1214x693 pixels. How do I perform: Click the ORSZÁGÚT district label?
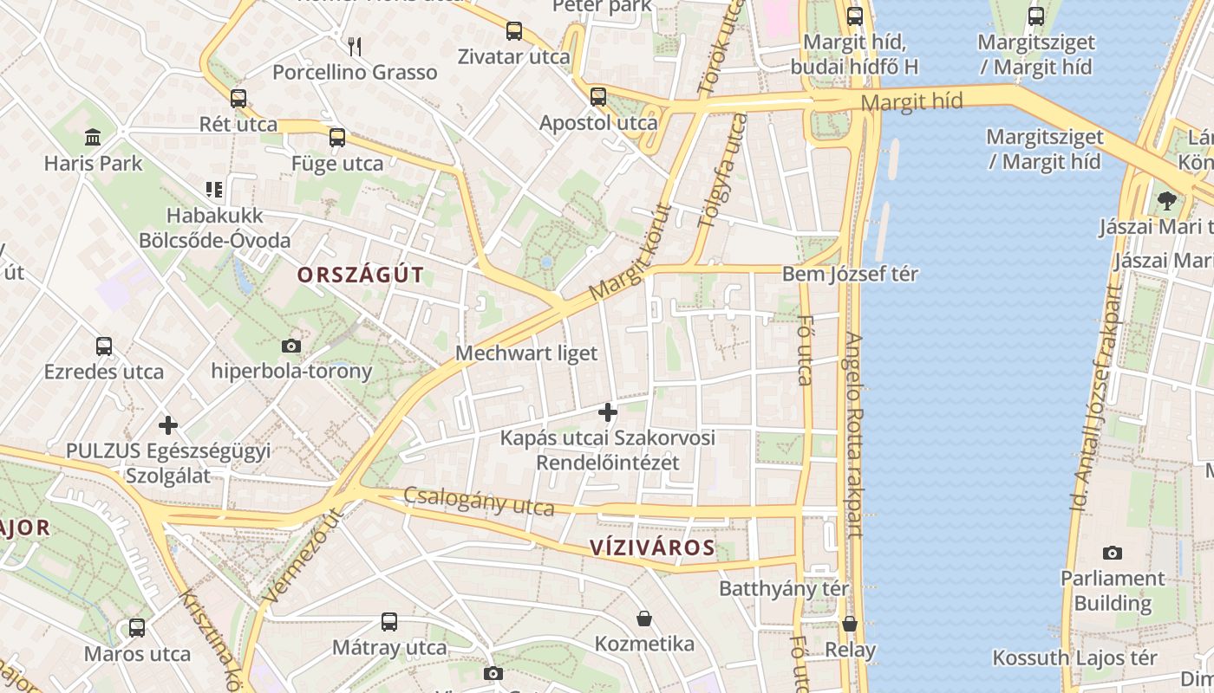click(361, 275)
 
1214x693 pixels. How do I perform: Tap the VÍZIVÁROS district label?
click(652, 547)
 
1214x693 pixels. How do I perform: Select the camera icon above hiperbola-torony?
click(291, 346)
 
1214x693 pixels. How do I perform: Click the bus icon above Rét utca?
click(238, 99)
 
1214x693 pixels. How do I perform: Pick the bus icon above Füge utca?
click(337, 138)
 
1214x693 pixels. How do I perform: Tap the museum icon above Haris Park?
click(93, 137)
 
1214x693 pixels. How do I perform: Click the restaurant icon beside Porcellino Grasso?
click(354, 46)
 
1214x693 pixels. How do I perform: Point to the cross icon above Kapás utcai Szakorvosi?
click(608, 412)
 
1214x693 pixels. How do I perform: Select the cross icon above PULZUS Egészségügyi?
click(168, 425)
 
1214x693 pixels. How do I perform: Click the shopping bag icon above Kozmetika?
click(644, 619)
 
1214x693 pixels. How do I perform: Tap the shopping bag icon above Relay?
click(850, 624)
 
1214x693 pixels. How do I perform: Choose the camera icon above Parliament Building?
click(1113, 553)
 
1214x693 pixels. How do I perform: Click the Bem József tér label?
click(850, 275)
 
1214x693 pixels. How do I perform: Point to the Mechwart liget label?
click(526, 353)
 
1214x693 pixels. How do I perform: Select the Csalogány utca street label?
click(479, 502)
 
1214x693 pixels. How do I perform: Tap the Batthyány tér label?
click(784, 589)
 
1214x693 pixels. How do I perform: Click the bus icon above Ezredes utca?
click(104, 346)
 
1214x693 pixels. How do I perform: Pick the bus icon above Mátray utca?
click(389, 622)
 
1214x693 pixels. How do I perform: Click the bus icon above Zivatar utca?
click(514, 31)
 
